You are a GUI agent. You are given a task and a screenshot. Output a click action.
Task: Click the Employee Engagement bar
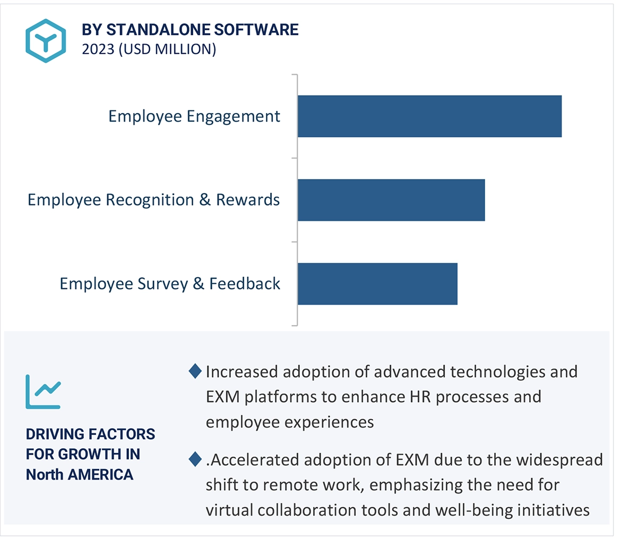pos(429,116)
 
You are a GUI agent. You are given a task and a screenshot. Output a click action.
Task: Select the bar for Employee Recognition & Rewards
pos(391,200)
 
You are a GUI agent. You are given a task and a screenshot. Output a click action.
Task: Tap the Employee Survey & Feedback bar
pos(377,284)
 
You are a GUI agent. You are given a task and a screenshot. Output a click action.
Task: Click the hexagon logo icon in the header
pos(46,41)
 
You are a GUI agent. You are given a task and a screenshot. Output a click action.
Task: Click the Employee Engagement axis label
pos(194,116)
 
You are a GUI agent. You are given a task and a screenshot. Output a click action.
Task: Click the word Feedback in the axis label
pos(245,284)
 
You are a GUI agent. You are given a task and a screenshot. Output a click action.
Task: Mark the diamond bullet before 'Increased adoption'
pos(195,371)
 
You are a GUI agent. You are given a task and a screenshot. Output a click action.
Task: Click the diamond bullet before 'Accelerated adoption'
pos(195,459)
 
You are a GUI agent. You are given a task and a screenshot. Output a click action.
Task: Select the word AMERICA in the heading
pos(101,474)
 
